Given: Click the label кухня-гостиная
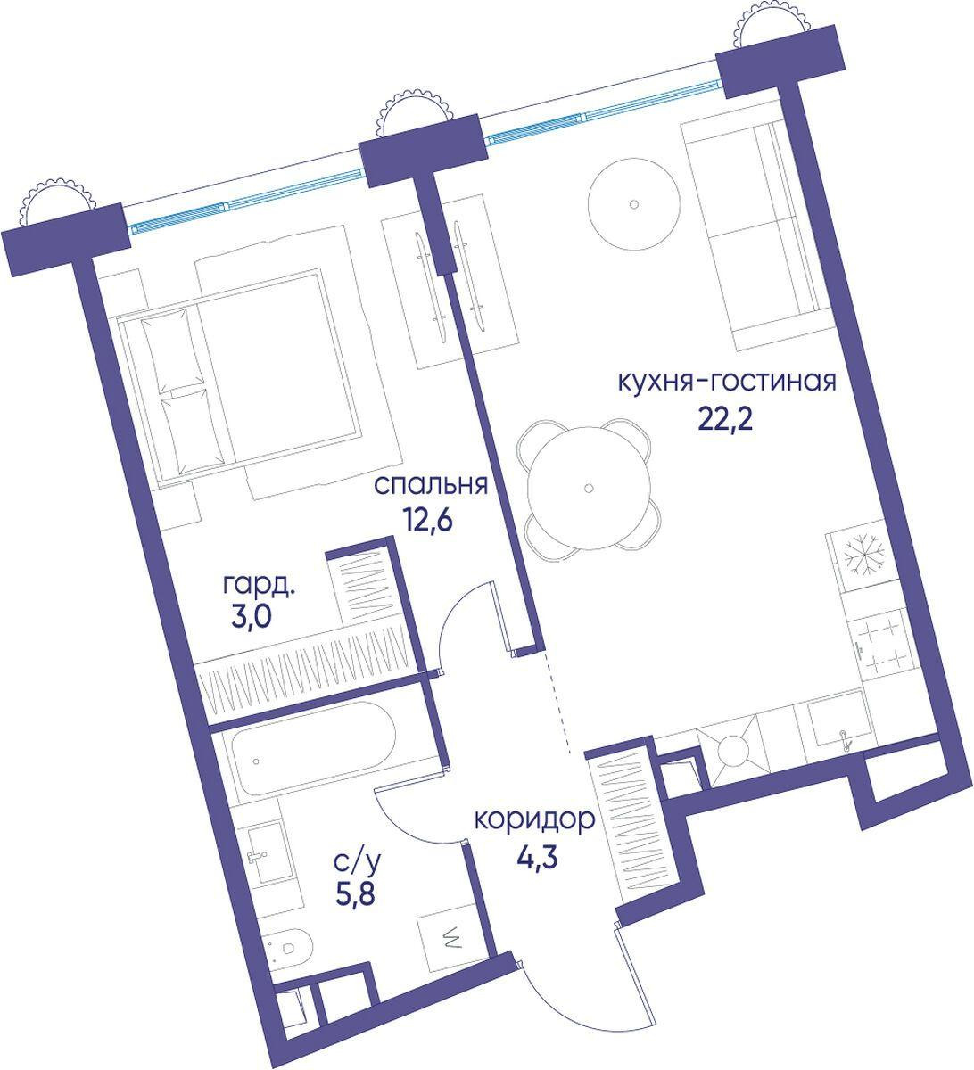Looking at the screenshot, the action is click(726, 383).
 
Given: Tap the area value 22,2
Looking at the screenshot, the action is click(725, 422).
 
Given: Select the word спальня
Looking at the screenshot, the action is click(431, 486).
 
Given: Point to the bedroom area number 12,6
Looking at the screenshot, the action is click(428, 522).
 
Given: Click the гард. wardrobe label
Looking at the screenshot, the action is click(260, 588).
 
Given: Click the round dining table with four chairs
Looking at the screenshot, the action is click(589, 487).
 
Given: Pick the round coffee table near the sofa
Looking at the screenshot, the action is click(634, 204).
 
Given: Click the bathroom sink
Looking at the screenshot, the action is click(264, 853).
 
